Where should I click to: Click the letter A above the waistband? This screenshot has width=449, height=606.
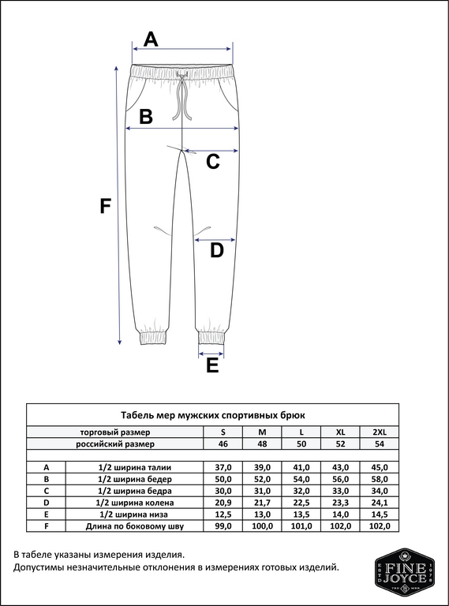point(151,38)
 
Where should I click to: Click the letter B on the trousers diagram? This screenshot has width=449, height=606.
point(145,117)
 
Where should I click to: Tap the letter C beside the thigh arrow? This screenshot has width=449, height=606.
point(212,162)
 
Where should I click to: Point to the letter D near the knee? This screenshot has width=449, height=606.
point(216,251)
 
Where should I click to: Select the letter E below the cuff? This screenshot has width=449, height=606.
point(211,365)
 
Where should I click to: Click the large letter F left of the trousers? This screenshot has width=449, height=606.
point(104,206)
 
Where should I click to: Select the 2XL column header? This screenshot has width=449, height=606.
point(380,432)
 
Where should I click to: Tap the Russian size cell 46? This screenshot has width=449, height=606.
point(223,444)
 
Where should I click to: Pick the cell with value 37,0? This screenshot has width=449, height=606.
point(223,468)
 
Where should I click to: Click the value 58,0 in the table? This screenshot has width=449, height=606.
point(380,479)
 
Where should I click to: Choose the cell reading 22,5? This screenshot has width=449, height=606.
point(301,502)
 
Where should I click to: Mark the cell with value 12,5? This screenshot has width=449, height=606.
point(223,514)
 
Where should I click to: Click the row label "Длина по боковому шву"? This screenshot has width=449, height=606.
point(134,526)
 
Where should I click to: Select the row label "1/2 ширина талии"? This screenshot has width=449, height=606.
point(134,468)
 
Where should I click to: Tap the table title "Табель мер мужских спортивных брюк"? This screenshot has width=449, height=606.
point(212,414)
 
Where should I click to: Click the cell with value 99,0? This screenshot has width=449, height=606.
point(223,526)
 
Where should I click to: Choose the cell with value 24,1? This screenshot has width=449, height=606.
point(380,502)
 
